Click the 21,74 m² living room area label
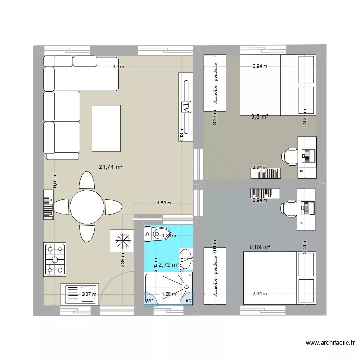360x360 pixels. [x=111, y=167]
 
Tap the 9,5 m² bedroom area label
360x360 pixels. [x=260, y=116]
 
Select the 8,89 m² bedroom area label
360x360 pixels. [x=260, y=247]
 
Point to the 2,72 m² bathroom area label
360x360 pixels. [x=168, y=264]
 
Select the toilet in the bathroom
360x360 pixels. [x=155, y=234]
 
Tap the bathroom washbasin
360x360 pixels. [x=186, y=259]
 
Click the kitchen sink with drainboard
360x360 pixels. [x=79, y=294]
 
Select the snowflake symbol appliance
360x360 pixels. [x=120, y=240]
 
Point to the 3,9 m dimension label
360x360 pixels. [x=118, y=67]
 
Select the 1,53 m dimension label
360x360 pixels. [x=163, y=203]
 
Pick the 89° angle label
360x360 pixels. [x=149, y=301]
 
